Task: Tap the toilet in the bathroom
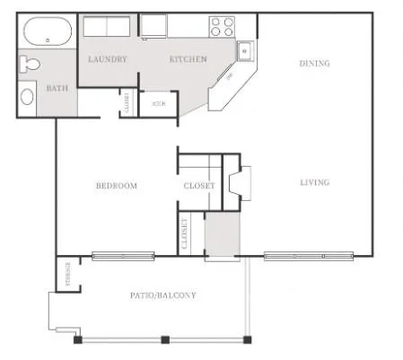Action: point(29,65)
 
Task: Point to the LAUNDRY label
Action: point(107,59)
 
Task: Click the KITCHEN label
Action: point(188,59)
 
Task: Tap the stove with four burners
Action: point(221,26)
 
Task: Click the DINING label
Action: point(314,64)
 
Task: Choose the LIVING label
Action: point(314,182)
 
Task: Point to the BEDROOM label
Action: point(117,186)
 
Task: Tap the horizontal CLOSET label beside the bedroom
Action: point(198,186)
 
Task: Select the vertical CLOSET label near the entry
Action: point(185,233)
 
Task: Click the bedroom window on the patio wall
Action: point(123,255)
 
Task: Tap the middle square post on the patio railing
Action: point(165,339)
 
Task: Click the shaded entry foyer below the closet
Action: point(222,235)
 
